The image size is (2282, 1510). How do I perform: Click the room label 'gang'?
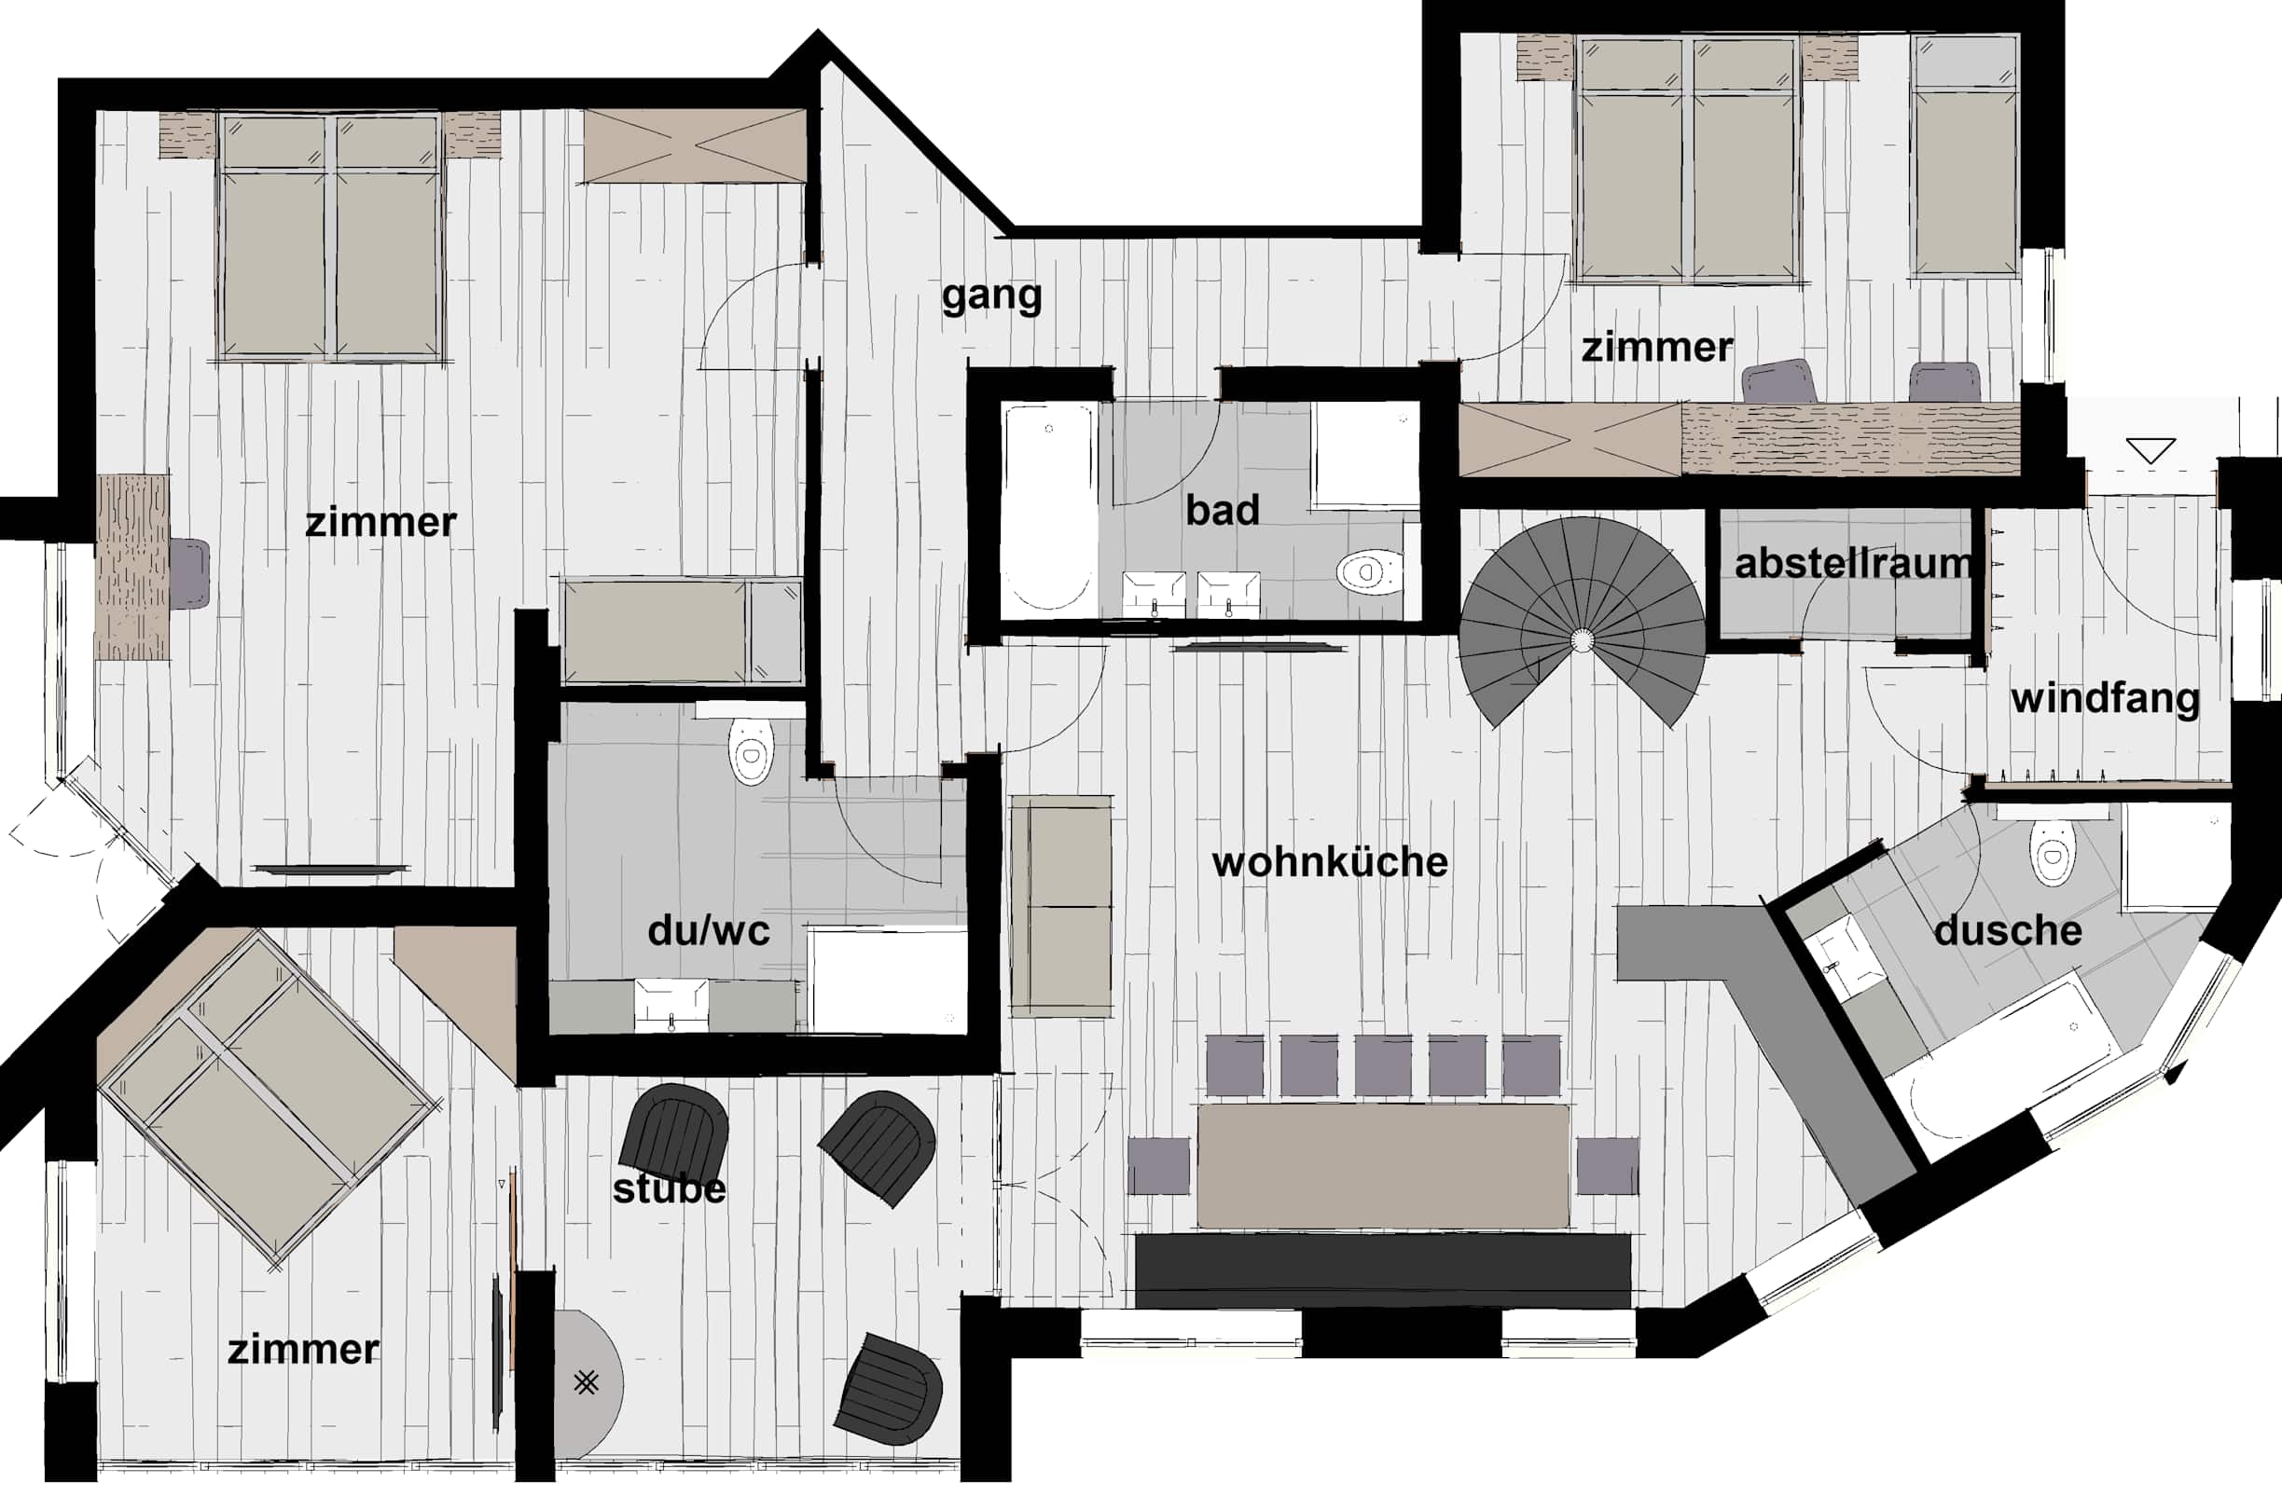pyautogui.click(x=991, y=296)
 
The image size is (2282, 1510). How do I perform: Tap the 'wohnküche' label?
pyautogui.click(x=1329, y=862)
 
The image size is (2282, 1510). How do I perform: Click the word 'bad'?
pyautogui.click(x=1223, y=511)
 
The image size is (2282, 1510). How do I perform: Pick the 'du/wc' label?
pyautogui.click(x=709, y=930)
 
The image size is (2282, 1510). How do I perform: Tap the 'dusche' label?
pyautogui.click(x=2008, y=930)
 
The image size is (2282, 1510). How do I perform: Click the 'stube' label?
pyautogui.click(x=670, y=1188)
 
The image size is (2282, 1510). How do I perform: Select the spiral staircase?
pyautogui.click(x=1582, y=622)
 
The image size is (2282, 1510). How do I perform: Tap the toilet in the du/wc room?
pyautogui.click(x=752, y=751)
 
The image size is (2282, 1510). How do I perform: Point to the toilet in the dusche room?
pyautogui.click(x=2052, y=852)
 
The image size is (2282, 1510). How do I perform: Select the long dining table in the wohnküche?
pyautogui.click(x=1383, y=1166)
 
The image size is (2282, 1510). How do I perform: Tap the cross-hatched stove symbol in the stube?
pyautogui.click(x=586, y=1383)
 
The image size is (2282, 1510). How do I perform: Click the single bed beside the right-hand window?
pyautogui.click(x=1965, y=156)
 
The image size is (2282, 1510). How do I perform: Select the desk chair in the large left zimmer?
pyautogui.click(x=189, y=574)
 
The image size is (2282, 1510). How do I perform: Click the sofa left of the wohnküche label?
pyautogui.click(x=1061, y=906)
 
